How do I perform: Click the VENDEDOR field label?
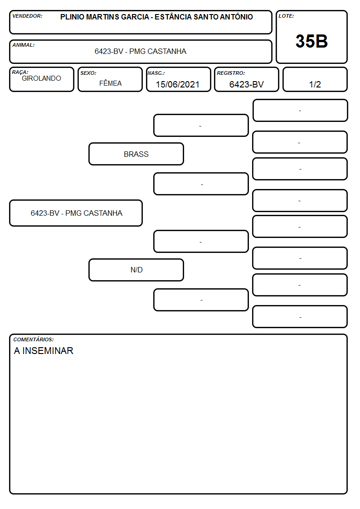27,16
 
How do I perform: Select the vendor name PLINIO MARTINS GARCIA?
105,17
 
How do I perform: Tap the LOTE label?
286,16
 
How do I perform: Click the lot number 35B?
311,41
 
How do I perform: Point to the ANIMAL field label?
24,45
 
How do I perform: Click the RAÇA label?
20,72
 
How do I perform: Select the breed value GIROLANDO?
41,78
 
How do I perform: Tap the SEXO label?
88,73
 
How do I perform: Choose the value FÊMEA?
110,83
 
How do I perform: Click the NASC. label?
156,73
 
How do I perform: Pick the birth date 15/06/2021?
178,84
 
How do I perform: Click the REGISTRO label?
231,73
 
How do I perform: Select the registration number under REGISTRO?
246,84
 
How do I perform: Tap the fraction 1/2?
315,84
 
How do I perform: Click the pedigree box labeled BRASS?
136,154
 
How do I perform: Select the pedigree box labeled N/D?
136,270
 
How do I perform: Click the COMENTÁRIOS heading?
34,339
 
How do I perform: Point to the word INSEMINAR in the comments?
48,350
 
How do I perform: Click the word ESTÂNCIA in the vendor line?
173,17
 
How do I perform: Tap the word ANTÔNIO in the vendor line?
236,17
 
